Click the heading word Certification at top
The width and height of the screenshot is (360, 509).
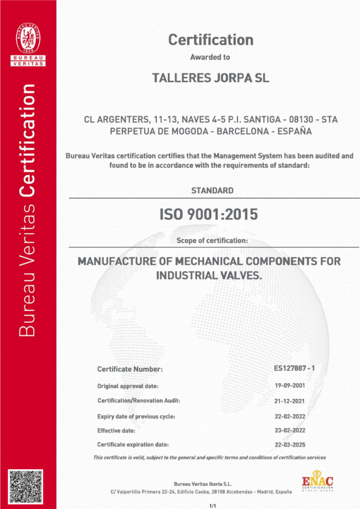[x=211, y=40]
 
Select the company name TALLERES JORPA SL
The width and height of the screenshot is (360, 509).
[x=210, y=79]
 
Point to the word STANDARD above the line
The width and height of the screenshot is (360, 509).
[x=212, y=190]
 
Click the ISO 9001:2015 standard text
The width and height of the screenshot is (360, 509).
[x=208, y=215]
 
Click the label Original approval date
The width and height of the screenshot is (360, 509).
[x=128, y=386]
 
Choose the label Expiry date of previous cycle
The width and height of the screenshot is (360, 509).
[x=136, y=416]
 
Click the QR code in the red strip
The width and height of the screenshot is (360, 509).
[x=28, y=488]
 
